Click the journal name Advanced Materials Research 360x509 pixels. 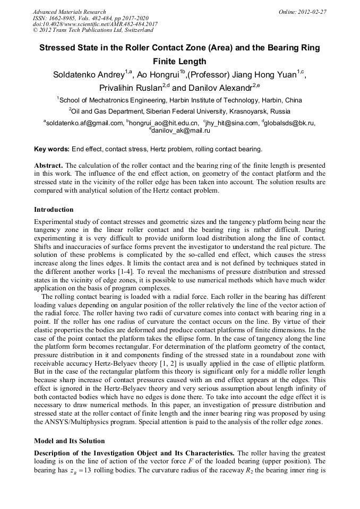click(69, 12)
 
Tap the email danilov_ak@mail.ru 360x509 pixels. click(181, 131)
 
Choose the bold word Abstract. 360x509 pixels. click(49, 166)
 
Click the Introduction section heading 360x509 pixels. click(54, 210)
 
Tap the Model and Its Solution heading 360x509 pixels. click(70, 441)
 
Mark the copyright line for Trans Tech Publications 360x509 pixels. click(93, 30)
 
